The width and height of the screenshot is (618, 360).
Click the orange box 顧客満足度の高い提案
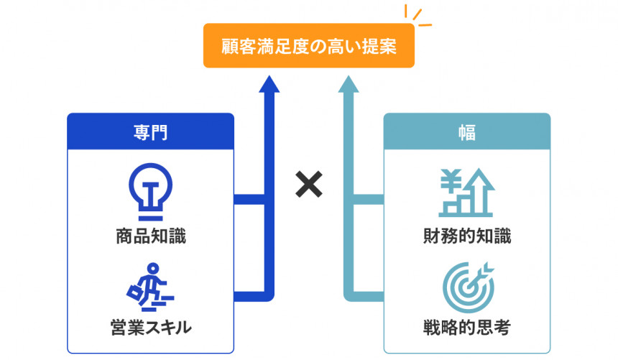coord(308,46)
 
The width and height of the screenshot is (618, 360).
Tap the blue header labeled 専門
coord(151,131)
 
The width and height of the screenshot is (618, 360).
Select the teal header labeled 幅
coord(466,131)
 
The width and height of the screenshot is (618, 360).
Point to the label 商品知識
coord(150,236)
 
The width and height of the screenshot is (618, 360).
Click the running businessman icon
coord(151,285)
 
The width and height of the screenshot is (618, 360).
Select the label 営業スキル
coord(150,328)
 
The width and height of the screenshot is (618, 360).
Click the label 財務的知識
coord(466,236)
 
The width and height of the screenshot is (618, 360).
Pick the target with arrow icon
coord(466,285)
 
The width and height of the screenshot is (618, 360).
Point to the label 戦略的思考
coord(466,328)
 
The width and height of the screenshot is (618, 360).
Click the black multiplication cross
coord(309,186)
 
